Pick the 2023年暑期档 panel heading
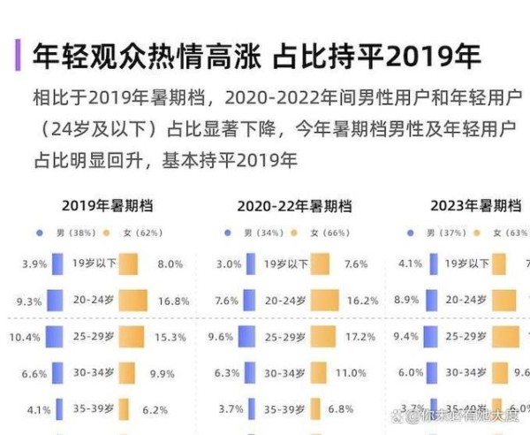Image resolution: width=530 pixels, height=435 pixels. tap(474, 206)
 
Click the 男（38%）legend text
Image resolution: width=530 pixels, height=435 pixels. tap(72, 233)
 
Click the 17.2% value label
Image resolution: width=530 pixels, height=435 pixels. tap(360, 337)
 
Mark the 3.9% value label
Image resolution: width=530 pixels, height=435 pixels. tap(34, 263)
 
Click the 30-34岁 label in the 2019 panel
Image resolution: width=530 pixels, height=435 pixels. tap(92, 373)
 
